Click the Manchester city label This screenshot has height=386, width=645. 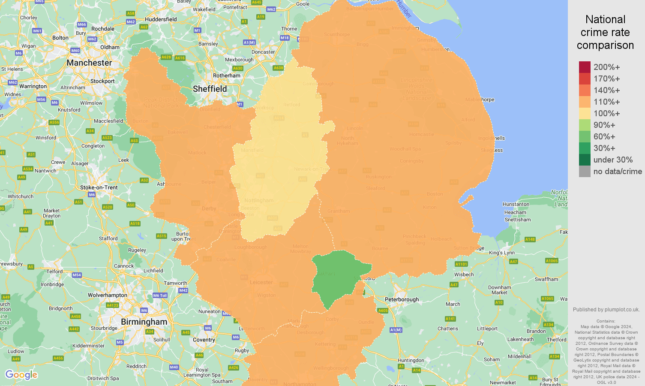coord(89,63)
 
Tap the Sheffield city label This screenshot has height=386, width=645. coord(210,89)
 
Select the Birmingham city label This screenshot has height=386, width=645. coord(144,322)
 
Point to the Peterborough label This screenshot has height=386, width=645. coord(402,299)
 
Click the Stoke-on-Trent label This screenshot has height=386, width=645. coord(99,187)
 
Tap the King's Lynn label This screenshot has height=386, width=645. coord(501,253)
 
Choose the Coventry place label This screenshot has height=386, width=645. coord(204,340)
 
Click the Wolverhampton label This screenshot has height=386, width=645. coord(107,295)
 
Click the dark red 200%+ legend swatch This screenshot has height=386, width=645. coord(585,67)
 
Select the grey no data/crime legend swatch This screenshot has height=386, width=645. coord(585,171)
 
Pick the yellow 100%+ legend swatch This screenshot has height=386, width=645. coord(585,113)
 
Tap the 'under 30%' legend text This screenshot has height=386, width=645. coord(613,160)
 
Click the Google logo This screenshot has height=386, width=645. coord(21,375)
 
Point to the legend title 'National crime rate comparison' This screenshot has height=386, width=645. coord(605,32)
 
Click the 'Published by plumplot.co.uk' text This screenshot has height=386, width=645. coord(606,309)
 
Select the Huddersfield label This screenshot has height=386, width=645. coord(161,19)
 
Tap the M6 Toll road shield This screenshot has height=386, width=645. coord(160,296)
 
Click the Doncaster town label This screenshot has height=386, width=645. coord(263,52)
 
